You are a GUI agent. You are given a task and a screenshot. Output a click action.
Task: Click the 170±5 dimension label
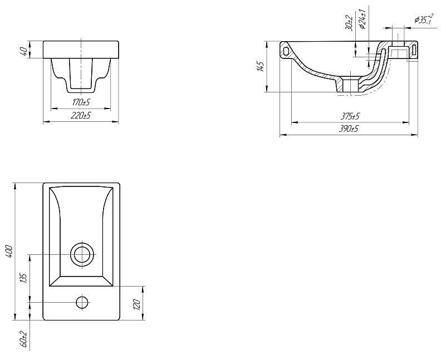pos(81,102)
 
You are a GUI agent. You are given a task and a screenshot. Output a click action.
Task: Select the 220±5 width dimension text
pos(81,116)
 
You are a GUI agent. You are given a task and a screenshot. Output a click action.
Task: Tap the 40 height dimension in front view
pos(24,51)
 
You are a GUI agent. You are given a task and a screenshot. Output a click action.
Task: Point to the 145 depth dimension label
pos(261,67)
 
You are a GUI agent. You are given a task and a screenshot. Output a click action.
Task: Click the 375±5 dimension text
pos(350,116)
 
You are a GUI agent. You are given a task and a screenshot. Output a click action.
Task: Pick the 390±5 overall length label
pos(349,129)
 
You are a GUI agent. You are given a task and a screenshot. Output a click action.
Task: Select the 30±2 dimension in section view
pos(349,22)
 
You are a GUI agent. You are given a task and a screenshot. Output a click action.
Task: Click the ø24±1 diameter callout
pos(362,19)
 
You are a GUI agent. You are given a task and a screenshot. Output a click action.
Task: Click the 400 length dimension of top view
pos(9,251)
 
